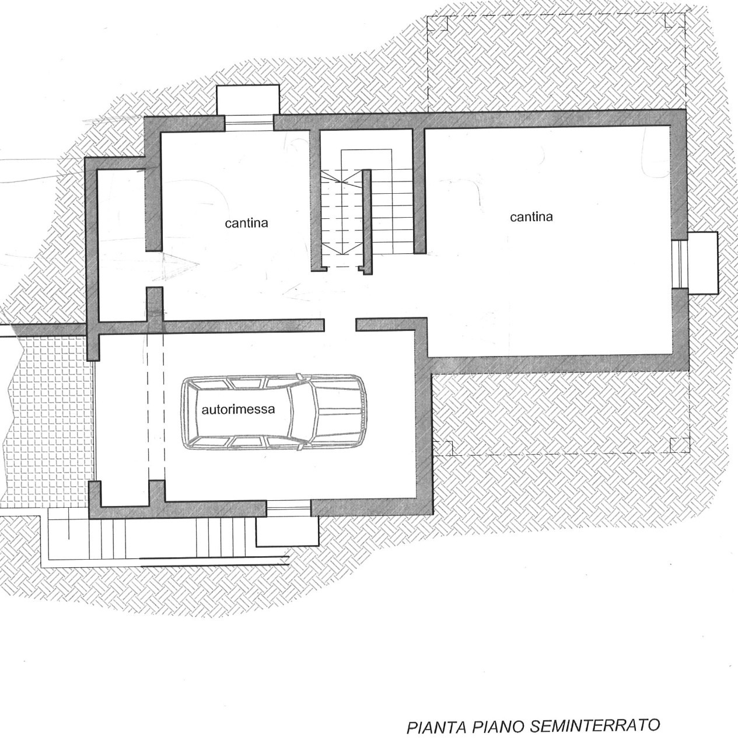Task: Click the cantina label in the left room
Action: [246, 224]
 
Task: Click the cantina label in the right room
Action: [531, 217]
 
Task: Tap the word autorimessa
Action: [238, 409]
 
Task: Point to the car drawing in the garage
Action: [274, 411]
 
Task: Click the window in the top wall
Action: [249, 123]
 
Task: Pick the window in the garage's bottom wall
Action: [288, 508]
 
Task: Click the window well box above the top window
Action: [248, 100]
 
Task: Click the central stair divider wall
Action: [367, 222]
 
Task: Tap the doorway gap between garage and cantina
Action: [340, 325]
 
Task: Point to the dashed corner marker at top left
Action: [438, 23]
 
